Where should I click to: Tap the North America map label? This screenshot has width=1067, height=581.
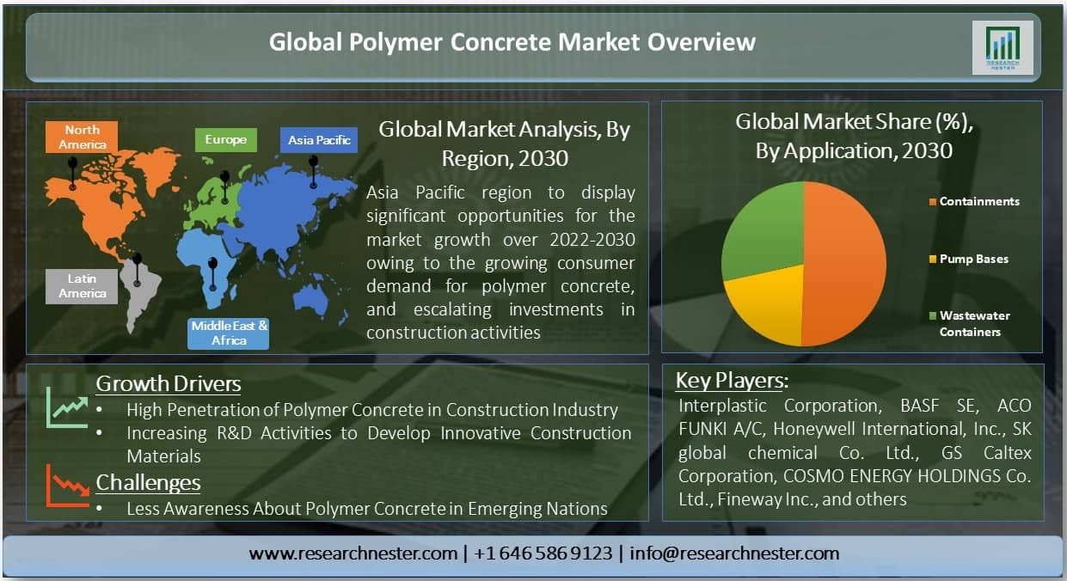(82, 138)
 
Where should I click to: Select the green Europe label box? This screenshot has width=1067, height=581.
(225, 139)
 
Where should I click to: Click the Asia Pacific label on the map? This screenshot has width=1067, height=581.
(319, 139)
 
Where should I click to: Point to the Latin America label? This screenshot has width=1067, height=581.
(83, 286)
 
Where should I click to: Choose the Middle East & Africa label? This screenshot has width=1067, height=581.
(230, 333)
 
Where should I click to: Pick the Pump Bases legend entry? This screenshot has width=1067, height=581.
(973, 259)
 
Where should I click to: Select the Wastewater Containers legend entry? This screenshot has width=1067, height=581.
(973, 323)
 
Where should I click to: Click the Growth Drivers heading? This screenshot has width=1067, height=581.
(169, 383)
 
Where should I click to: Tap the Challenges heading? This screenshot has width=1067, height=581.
(148, 482)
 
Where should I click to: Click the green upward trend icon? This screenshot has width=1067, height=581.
(68, 407)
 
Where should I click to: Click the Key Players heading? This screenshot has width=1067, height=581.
(732, 381)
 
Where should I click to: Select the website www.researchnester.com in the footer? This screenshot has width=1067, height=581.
(353, 553)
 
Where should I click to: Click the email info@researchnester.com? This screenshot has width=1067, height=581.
(734, 553)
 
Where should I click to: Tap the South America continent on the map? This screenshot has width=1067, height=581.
(140, 288)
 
